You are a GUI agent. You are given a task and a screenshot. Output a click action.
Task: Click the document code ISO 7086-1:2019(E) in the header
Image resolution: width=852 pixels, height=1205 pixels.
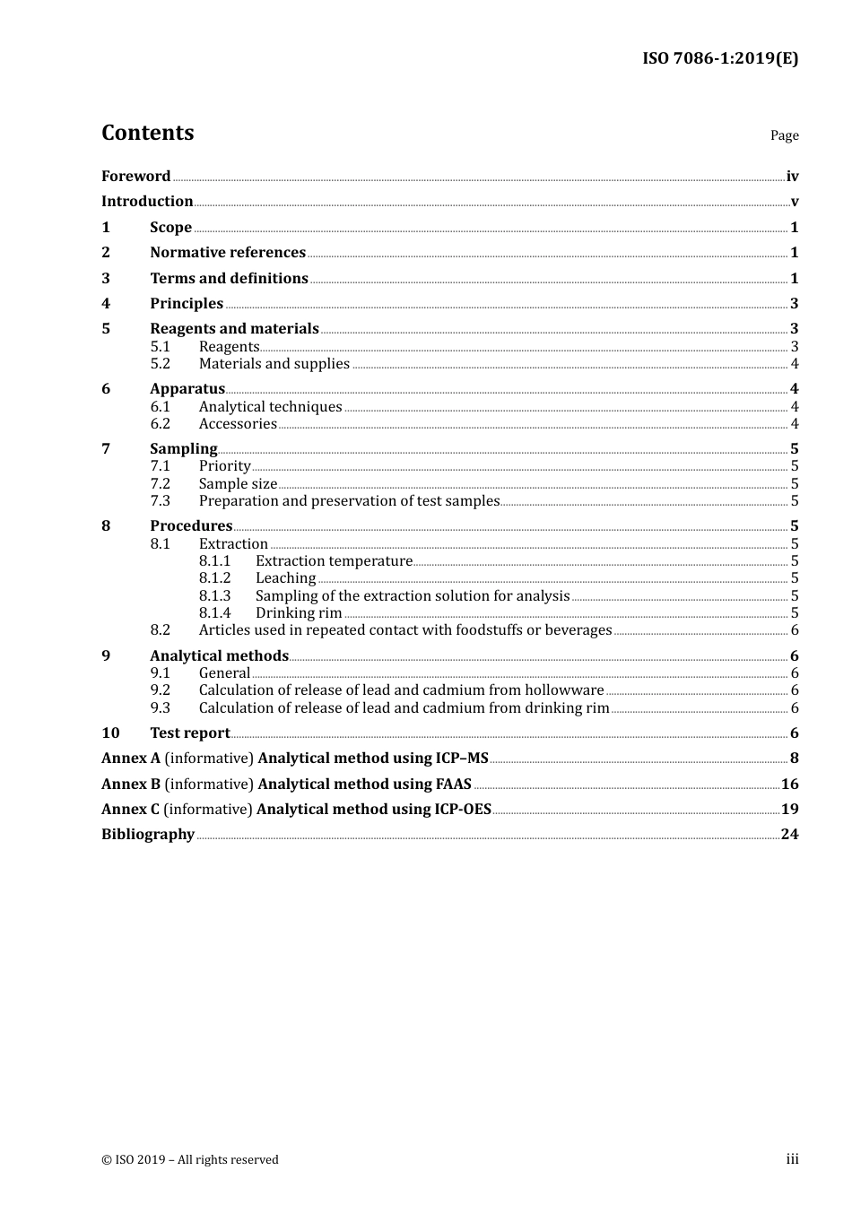pos(720,59)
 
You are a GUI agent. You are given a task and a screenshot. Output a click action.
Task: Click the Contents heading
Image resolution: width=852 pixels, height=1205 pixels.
pos(147,133)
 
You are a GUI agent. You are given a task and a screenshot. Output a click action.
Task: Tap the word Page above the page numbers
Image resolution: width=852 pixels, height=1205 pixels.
pos(784,135)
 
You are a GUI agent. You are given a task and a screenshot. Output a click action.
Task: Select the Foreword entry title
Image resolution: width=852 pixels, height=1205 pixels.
pos(135,177)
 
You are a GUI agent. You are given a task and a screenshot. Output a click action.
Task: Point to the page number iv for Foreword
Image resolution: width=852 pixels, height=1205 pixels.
pos(792,177)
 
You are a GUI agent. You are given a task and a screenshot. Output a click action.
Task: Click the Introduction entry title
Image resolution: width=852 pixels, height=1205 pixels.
pos(147,202)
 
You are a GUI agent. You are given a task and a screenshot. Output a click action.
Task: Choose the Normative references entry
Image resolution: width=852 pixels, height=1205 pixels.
pos(228,253)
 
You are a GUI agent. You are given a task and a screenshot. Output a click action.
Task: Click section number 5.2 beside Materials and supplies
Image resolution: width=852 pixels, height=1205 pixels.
pos(160,364)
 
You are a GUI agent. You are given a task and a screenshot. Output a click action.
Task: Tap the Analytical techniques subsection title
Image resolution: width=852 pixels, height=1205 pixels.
pos(270,407)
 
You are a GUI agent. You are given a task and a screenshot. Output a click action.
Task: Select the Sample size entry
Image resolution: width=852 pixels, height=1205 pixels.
pos(238,484)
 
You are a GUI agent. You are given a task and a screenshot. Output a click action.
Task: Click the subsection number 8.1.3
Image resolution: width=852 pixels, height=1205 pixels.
pos(214,596)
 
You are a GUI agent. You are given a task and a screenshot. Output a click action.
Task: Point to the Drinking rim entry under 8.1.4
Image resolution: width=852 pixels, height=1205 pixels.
pos(299,613)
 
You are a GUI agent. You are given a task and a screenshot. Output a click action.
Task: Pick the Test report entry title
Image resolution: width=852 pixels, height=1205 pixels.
pos(189,733)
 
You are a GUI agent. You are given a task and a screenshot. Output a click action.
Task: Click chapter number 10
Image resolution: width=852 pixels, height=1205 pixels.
pos(110,733)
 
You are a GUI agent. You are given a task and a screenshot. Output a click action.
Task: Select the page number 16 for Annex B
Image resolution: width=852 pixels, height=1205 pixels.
pos(789,785)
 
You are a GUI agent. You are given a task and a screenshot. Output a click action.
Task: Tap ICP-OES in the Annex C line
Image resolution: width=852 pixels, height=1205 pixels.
pos(463,810)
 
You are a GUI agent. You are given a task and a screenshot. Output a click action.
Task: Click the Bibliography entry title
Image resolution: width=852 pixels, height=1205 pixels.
pos(148,835)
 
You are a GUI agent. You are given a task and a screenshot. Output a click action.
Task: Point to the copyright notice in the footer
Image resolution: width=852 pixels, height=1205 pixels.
pos(190,1160)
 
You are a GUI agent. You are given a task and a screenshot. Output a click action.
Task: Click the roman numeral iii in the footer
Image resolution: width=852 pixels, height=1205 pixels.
pos(792,1159)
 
